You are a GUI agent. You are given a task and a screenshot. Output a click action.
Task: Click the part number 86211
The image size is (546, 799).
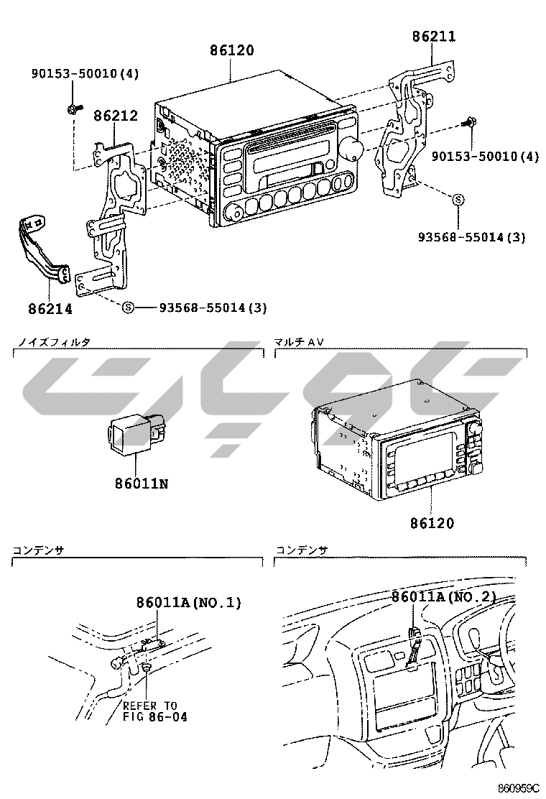[x=434, y=36]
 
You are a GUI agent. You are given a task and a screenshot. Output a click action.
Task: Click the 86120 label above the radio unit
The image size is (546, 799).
[x=232, y=51]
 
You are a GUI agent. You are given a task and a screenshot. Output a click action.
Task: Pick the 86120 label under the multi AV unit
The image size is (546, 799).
[x=432, y=523]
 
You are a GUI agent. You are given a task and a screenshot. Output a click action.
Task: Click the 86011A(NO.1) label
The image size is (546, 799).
[x=189, y=602]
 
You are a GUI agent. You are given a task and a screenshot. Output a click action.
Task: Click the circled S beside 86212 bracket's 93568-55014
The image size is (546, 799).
[x=128, y=308]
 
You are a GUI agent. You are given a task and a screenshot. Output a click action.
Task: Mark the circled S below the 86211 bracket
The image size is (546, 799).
[x=458, y=200]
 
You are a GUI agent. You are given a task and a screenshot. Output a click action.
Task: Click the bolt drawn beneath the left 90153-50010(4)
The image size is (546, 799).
[x=73, y=109]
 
